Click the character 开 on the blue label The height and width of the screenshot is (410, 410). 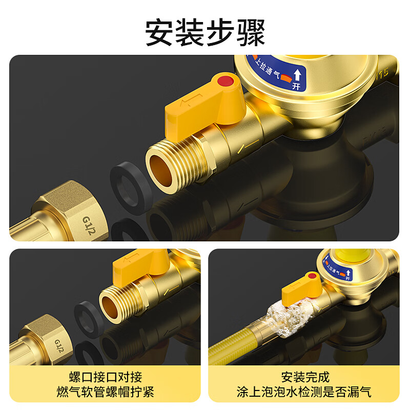pos(296,86)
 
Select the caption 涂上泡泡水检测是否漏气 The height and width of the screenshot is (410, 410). pos(304,393)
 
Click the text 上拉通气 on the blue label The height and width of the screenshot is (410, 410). pos(266,70)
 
